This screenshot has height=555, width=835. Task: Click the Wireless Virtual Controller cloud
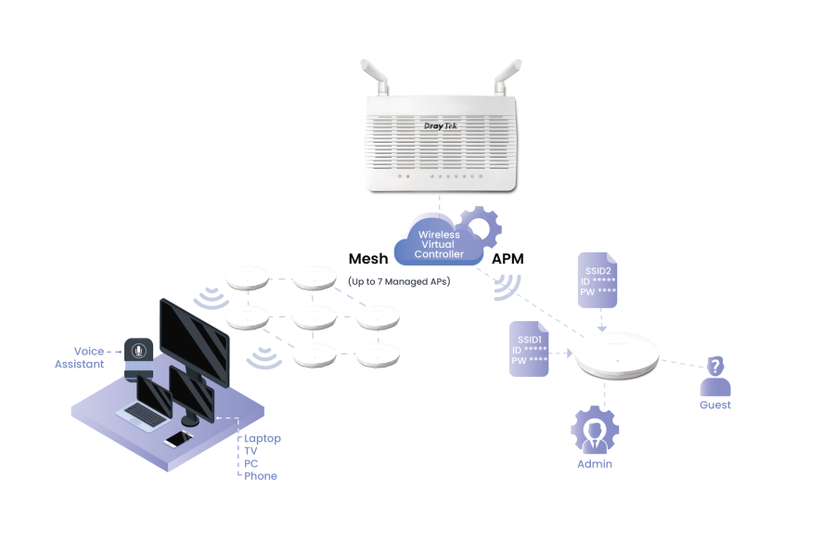point(439,245)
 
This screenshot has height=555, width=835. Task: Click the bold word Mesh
point(367,259)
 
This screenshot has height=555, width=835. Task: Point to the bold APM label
point(507,259)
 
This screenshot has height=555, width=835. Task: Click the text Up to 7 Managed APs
point(399,280)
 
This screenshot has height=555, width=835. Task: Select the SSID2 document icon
point(597,279)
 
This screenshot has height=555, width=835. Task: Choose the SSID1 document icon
point(529,349)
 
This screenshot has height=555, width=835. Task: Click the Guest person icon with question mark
point(715,376)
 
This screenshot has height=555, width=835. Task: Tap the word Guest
point(715,406)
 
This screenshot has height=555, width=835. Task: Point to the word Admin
point(595,464)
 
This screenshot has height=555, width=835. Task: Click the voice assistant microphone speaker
point(138,358)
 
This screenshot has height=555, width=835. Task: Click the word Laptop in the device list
point(263,439)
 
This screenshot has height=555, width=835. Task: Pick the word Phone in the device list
point(261,476)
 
